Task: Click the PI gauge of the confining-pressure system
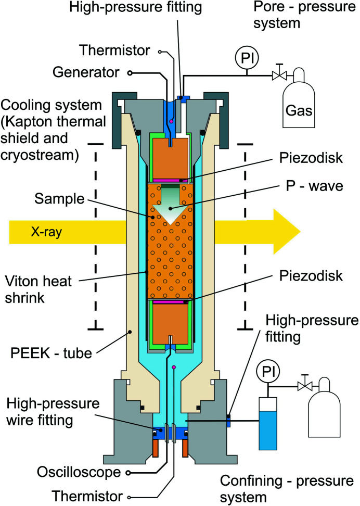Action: [269, 372]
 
